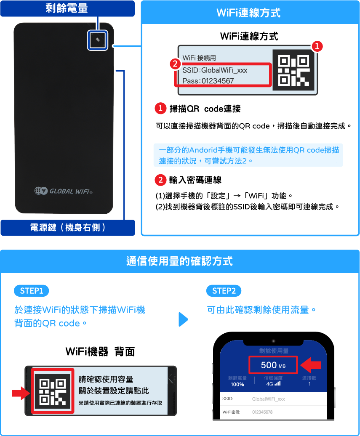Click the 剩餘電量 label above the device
[x=67, y=8]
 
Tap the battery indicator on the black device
[x=98, y=40]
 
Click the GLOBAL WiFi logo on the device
[x=64, y=191]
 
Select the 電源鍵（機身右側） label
[x=68, y=227]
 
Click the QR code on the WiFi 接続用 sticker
[x=293, y=70]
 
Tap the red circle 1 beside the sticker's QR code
[x=317, y=46]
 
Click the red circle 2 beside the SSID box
[x=175, y=64]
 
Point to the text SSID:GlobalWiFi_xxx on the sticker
[x=215, y=70]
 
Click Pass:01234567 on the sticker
[x=208, y=81]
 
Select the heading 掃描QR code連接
[x=205, y=109]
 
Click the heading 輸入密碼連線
[x=195, y=180]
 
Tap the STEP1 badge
[x=32, y=291]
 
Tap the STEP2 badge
[x=224, y=291]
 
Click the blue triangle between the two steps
[x=183, y=319]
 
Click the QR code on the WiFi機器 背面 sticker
[x=53, y=391]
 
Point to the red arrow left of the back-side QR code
[x=21, y=393]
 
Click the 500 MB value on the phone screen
[x=273, y=365]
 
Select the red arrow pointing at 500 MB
[x=311, y=365]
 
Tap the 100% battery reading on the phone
[x=237, y=384]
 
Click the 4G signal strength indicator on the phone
[x=273, y=384]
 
